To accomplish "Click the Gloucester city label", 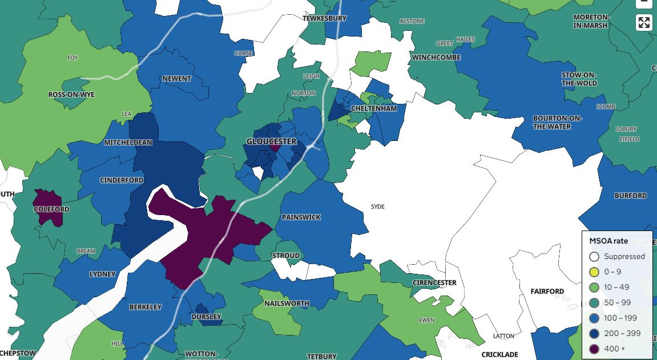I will tap(271, 141).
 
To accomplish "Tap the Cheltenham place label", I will tap(374, 108).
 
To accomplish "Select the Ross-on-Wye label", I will tap(71, 95).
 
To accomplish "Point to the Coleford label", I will tap(51, 209).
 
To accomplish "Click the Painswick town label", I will tap(301, 217).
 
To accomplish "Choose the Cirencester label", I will tap(434, 283).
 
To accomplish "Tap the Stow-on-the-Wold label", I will tap(579, 79).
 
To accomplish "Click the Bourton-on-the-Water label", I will tap(558, 123).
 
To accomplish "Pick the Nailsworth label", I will tap(287, 304).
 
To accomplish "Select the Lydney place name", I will tap(102, 274).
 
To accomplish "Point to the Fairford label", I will tap(547, 292).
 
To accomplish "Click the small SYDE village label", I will tap(378, 207).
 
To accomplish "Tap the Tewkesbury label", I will tap(324, 18).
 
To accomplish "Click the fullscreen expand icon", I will tap(644, 23).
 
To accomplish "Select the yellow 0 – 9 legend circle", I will tap(594, 272).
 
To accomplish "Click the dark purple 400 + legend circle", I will tap(594, 349).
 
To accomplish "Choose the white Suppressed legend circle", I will tap(594, 257).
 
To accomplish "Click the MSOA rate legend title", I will tap(608, 241).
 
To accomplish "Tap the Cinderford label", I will tap(122, 180).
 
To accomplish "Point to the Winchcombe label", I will tap(436, 58).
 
